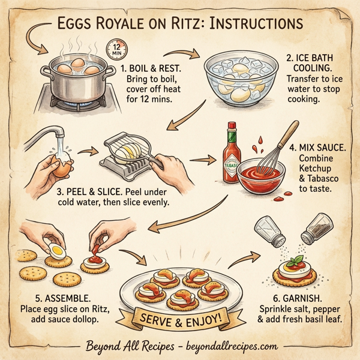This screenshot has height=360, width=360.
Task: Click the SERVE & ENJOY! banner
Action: pyautogui.click(x=180, y=316)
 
